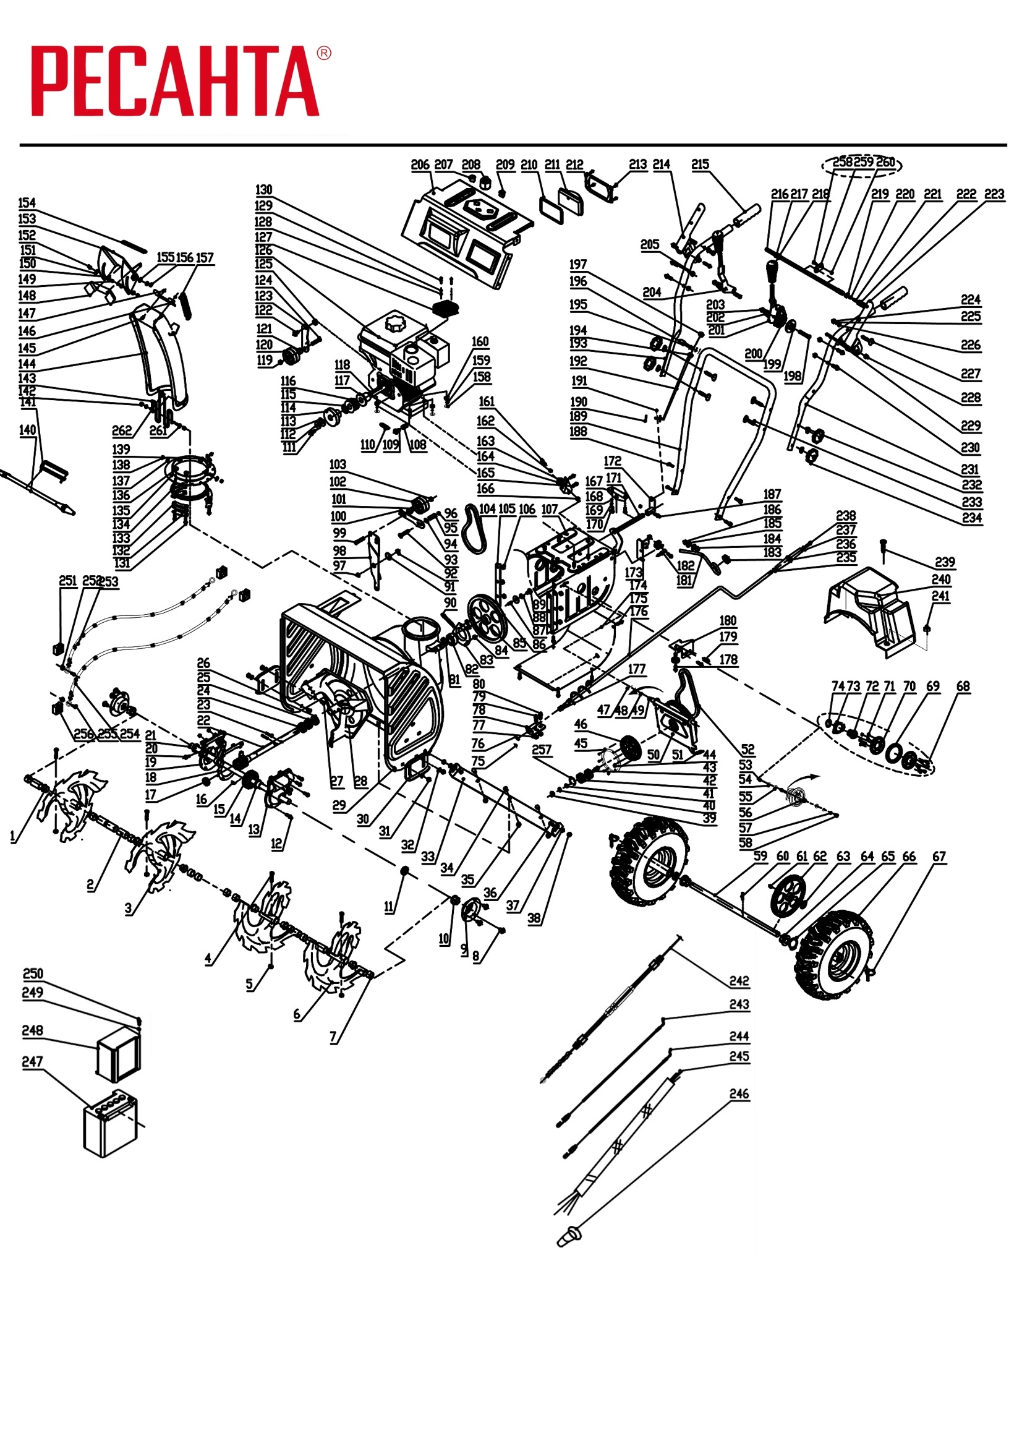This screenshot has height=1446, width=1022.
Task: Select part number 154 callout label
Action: pos(27,203)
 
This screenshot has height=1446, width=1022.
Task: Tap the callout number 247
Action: pos(32,1062)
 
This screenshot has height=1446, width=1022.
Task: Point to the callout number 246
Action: pos(739,1094)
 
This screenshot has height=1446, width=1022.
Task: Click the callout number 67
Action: pos(939,857)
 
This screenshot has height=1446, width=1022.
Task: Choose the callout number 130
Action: pos(264,190)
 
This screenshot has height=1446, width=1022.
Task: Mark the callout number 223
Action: pos(994,194)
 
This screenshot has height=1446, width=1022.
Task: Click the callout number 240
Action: pos(941,580)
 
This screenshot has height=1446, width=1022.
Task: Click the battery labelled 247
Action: pos(110,1124)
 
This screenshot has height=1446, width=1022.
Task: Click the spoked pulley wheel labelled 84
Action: pos(488,618)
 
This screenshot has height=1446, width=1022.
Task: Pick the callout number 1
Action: pos(12,836)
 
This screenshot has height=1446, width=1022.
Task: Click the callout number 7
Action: pos(333,1037)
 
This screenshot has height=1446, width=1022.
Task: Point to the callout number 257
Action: pos(542,750)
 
